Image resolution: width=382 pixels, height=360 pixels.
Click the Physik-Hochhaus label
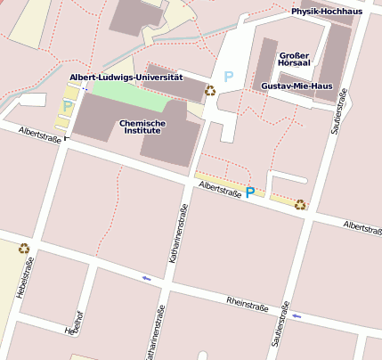(327, 12)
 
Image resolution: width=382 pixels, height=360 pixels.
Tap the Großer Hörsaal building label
(293, 59)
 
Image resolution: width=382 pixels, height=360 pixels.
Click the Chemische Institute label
(140, 127)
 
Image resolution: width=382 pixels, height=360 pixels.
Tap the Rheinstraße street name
(248, 306)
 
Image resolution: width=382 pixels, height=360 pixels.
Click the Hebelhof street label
(73, 326)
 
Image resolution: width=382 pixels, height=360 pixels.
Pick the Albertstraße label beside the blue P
(220, 188)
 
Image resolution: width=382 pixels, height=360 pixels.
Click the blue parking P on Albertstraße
(250, 192)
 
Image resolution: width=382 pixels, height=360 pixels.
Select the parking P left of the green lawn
(68, 106)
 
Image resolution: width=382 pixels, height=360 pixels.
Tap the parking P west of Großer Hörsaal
(228, 77)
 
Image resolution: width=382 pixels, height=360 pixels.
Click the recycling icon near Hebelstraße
(24, 249)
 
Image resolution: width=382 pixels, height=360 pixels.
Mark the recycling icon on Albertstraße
(300, 204)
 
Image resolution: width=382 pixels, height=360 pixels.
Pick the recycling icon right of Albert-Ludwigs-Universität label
(210, 90)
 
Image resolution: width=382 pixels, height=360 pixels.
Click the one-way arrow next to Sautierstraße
(297, 316)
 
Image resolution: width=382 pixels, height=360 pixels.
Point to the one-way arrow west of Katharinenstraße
(146, 279)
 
